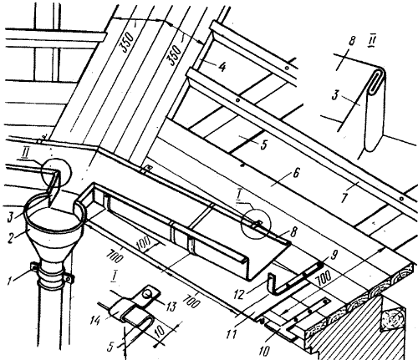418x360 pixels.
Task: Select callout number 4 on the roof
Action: click(222, 67)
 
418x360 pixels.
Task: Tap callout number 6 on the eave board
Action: click(296, 173)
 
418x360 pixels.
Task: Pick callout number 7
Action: click(345, 197)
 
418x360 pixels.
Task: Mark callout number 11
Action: click(232, 333)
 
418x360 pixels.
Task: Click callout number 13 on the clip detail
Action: click(171, 306)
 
